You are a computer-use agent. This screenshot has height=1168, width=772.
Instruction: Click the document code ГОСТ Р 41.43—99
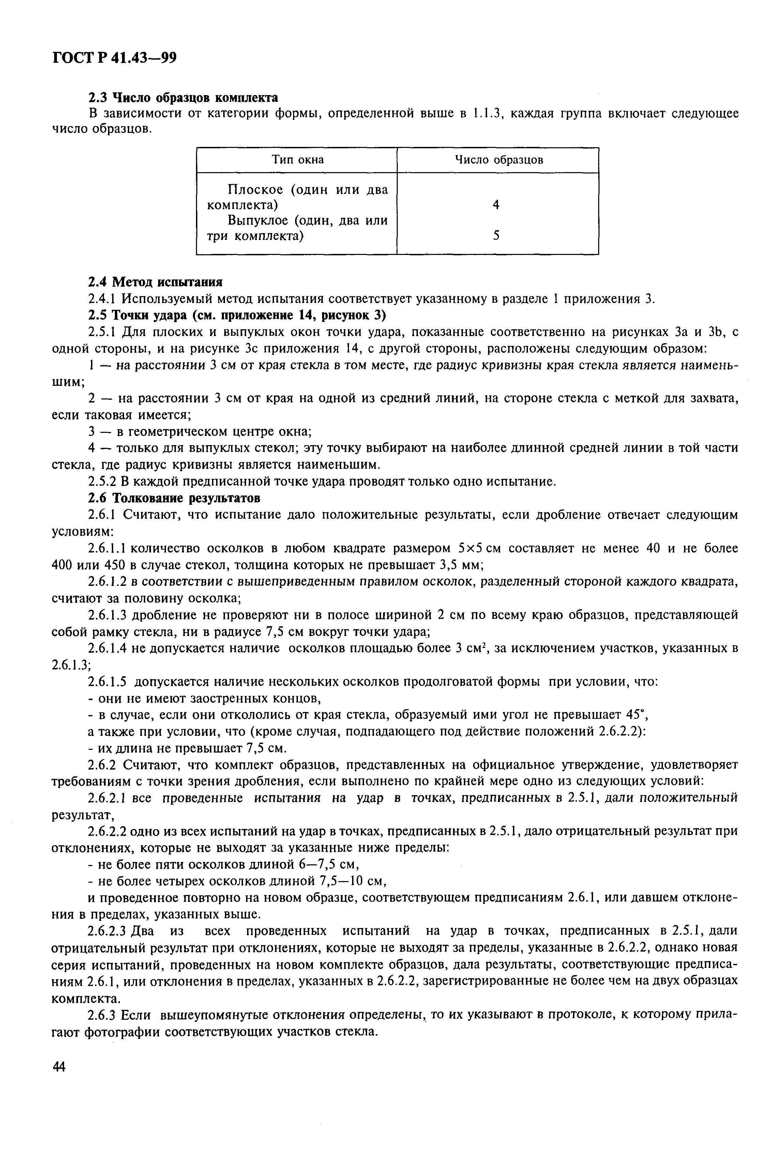[x=114, y=58]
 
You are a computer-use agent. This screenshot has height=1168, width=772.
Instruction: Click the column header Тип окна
[x=297, y=160]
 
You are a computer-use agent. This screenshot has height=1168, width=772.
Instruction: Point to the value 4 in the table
[x=496, y=205]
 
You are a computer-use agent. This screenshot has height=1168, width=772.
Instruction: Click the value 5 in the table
[x=496, y=236]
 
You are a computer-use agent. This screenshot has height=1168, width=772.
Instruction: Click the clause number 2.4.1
[x=102, y=299]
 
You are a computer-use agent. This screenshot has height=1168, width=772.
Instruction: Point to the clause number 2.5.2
[x=102, y=481]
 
